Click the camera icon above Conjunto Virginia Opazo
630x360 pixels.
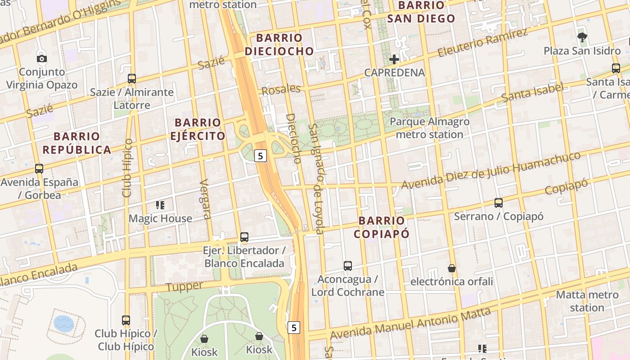point(41,58)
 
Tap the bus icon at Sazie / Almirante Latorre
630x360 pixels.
point(132,78)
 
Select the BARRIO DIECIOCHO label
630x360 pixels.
point(279,45)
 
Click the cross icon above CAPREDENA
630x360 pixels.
point(394,59)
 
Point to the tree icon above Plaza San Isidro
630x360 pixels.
point(582,37)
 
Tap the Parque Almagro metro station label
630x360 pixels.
point(429,128)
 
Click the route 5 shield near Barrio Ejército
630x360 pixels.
point(261,156)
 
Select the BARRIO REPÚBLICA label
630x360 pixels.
point(76,143)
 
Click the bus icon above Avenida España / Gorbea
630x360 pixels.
point(39,169)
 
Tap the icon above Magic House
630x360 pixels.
point(160,205)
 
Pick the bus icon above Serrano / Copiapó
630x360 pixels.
point(499,202)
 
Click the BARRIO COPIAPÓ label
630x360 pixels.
point(382,227)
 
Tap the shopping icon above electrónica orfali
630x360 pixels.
point(452,268)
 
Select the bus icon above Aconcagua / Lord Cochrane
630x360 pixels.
point(348,265)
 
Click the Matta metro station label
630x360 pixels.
point(587,301)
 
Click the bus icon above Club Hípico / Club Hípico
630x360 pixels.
point(126,320)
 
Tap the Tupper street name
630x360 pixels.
point(184,287)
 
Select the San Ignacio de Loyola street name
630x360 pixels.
point(317,179)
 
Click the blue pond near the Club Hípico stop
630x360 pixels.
point(64,323)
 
